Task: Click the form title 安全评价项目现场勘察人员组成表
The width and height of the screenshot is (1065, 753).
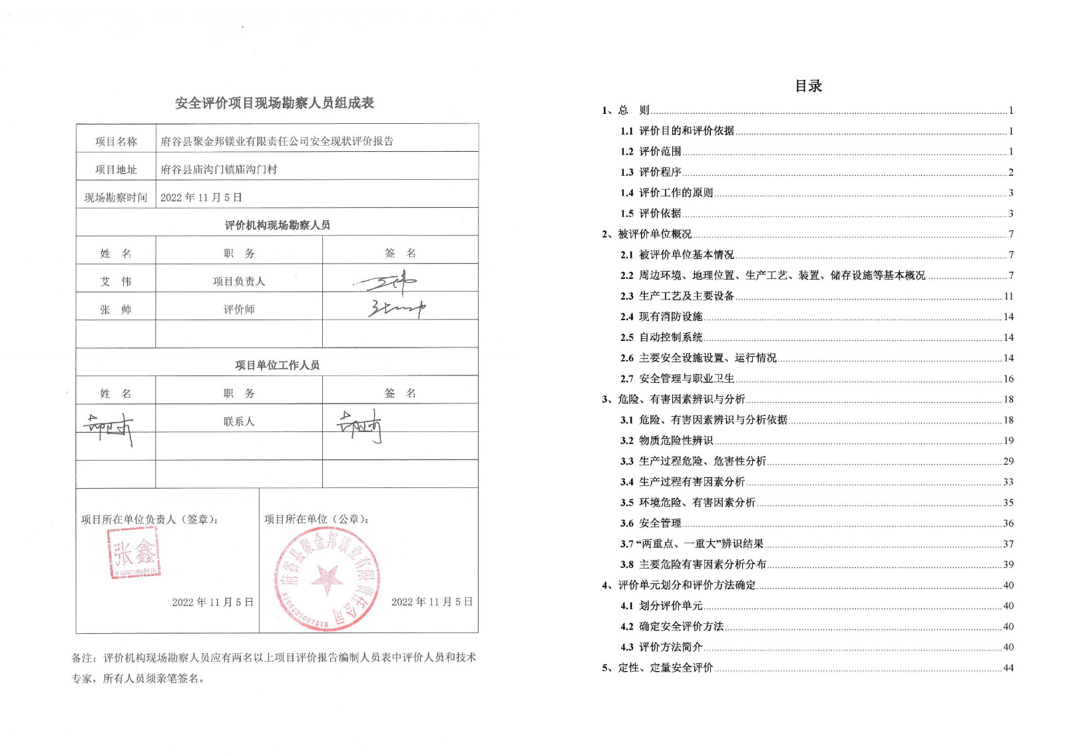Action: pyautogui.click(x=274, y=103)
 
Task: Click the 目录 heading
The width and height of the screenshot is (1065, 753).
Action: pyautogui.click(x=808, y=86)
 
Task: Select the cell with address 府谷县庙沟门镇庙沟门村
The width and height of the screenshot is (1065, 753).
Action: pyautogui.click(x=219, y=170)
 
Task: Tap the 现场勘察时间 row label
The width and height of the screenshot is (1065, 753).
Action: pyautogui.click(x=116, y=198)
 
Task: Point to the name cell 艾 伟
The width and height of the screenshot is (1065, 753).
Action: pyautogui.click(x=116, y=282)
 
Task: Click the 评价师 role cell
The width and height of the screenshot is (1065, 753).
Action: pyautogui.click(x=239, y=310)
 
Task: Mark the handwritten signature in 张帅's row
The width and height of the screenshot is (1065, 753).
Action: pyautogui.click(x=397, y=309)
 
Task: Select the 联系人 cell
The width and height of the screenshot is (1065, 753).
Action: pyautogui.click(x=239, y=421)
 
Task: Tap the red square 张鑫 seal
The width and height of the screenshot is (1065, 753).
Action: pyautogui.click(x=134, y=553)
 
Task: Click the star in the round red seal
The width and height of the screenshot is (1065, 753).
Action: pyautogui.click(x=327, y=577)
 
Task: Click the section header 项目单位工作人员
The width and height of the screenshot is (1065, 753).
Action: pyautogui.click(x=277, y=365)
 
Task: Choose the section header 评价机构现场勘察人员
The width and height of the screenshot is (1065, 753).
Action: pyautogui.click(x=277, y=225)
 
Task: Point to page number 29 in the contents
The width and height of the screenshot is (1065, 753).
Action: pyautogui.click(x=1008, y=461)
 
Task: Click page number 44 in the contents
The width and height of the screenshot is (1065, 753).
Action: pyautogui.click(x=1008, y=668)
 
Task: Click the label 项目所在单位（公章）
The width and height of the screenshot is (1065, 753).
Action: pyautogui.click(x=316, y=519)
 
